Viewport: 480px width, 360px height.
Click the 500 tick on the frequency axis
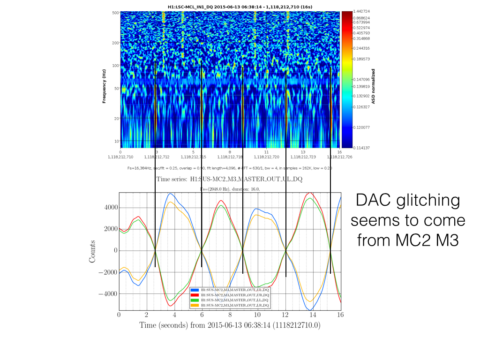(115, 13)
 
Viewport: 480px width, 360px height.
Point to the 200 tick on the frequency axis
(115, 43)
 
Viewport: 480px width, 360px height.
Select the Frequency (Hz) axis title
(104, 86)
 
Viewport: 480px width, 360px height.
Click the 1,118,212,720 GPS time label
(266, 157)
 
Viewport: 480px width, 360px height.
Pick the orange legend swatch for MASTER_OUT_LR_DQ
(193, 306)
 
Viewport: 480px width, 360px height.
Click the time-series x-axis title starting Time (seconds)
(230, 325)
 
